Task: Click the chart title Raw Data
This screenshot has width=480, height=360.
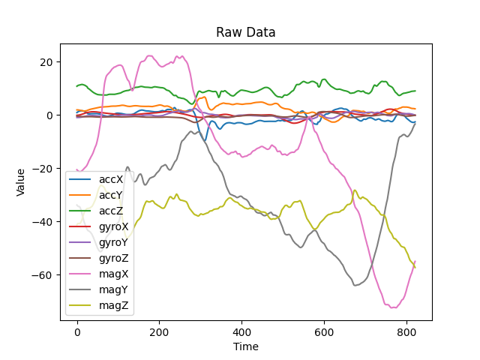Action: [x=246, y=32]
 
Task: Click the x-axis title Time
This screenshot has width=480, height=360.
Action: [x=246, y=346]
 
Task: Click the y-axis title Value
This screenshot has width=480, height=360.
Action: [x=21, y=182]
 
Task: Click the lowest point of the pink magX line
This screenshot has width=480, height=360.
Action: [x=393, y=307]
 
